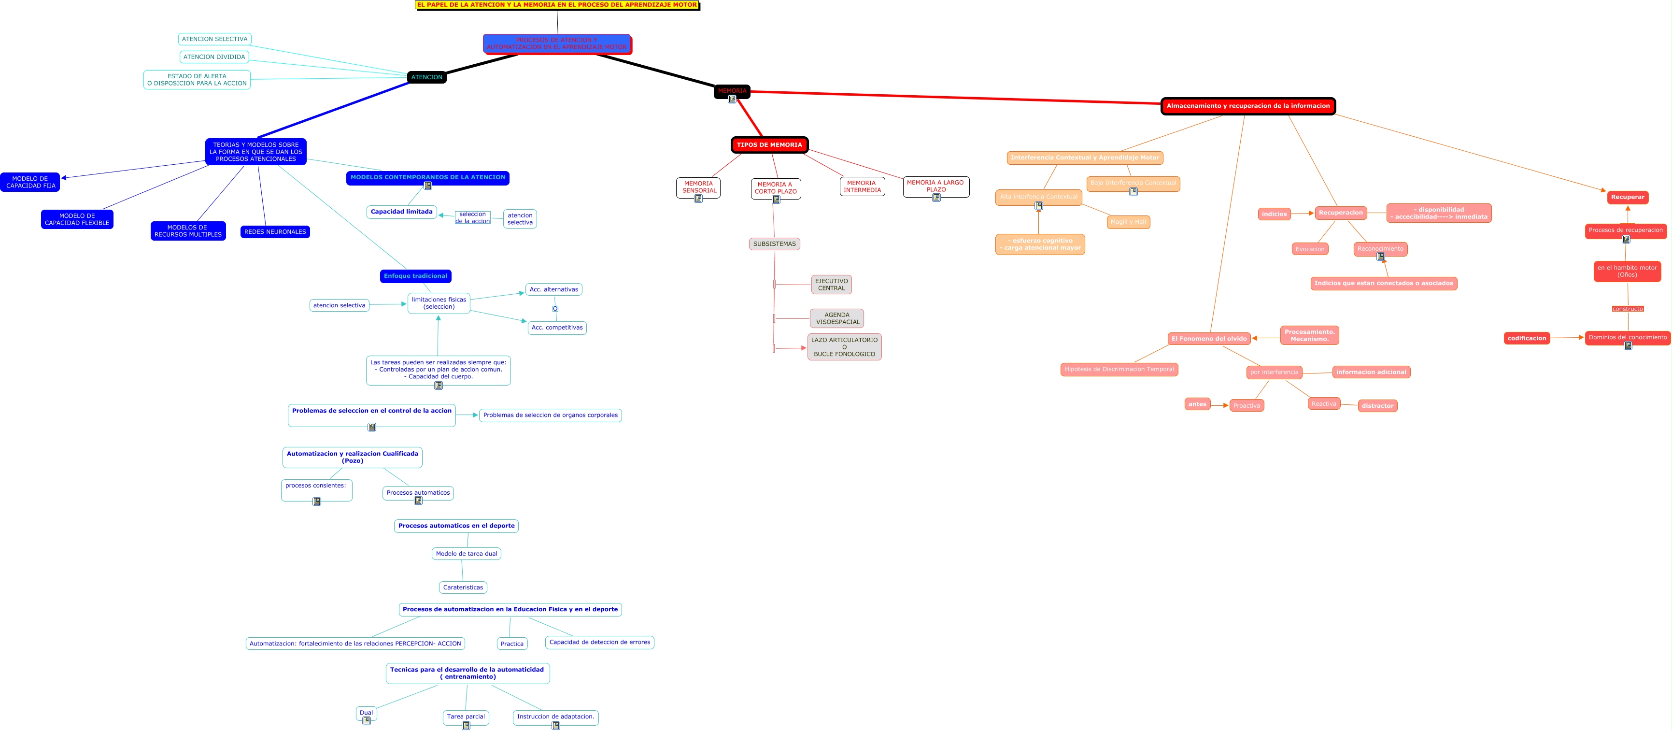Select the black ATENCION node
[x=426, y=77]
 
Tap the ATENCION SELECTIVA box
[x=214, y=40]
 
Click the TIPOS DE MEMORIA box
[x=769, y=145]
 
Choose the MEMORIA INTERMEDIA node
[x=862, y=186]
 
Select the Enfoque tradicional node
[x=415, y=276]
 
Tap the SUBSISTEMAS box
[x=774, y=244]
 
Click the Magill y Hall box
[x=1128, y=222]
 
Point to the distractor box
[x=1377, y=406]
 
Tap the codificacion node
[x=1527, y=338]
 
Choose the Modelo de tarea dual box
[x=466, y=554]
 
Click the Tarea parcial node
[x=466, y=717]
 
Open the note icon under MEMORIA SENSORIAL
[x=698, y=199]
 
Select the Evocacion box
[x=1309, y=249]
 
